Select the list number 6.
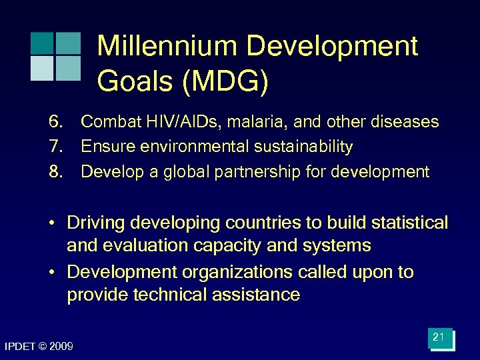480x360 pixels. click(x=55, y=122)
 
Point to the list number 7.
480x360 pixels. click(x=55, y=147)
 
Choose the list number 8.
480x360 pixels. click(x=55, y=172)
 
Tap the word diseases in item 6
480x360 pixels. click(x=402, y=122)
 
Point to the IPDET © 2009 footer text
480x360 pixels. click(x=39, y=346)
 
